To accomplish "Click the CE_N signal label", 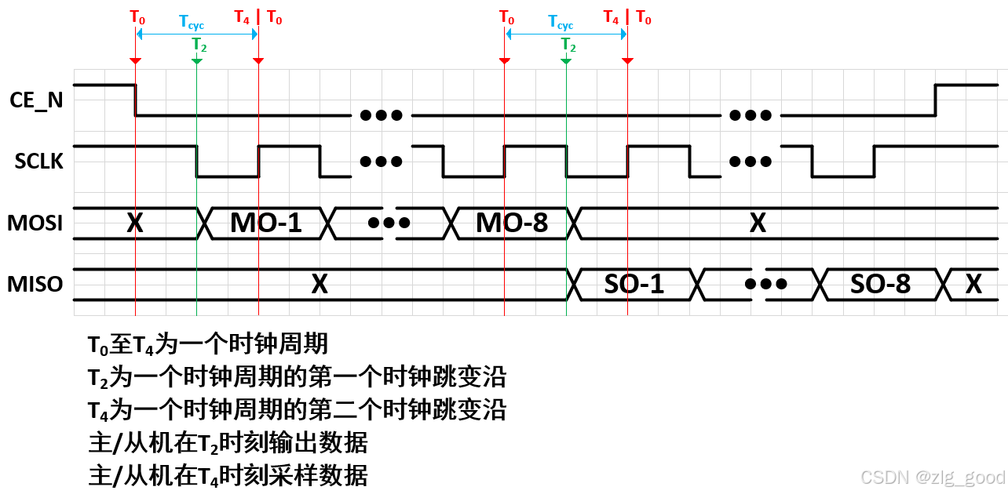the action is click(36, 100).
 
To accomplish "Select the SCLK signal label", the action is click(38, 161).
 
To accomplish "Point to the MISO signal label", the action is click(35, 284).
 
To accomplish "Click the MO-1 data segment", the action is click(266, 223).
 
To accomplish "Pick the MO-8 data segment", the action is click(512, 223).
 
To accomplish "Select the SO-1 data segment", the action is click(634, 284).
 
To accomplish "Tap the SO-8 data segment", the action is click(880, 284).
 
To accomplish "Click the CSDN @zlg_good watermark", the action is click(933, 478).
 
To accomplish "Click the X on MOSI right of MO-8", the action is click(758, 223).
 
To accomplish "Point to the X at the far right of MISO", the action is click(973, 284).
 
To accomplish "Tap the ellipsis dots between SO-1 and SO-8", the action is click(765, 284).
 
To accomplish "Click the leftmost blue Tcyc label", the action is click(192, 23).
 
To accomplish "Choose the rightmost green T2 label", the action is click(568, 45).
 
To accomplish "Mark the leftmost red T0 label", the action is click(136, 16).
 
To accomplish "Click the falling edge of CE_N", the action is click(136, 100).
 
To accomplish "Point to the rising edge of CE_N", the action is click(935, 100).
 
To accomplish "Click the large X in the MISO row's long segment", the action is click(319, 284).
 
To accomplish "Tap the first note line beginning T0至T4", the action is click(208, 343).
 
